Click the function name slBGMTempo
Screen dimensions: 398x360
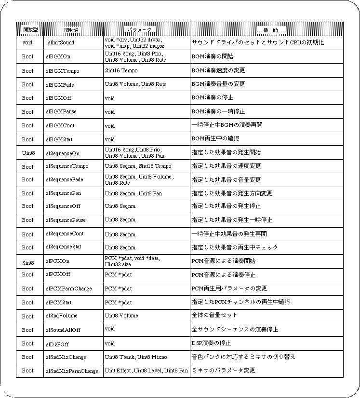pos(63,70)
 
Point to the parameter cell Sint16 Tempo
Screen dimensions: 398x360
pos(121,70)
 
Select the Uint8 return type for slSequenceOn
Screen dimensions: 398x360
pos(28,153)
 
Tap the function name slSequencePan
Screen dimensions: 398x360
pos(66,193)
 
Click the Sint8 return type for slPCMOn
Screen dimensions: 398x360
pos(28,261)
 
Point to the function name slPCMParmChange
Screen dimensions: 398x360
pos(69,288)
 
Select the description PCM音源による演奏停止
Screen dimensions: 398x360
pos(224,275)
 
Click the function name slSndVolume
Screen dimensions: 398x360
pos(62,316)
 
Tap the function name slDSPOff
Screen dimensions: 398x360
pos(57,343)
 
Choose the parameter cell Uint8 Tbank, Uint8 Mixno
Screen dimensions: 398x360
pos(136,357)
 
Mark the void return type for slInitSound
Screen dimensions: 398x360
pos(27,42)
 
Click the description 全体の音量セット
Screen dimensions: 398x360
pos(215,316)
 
